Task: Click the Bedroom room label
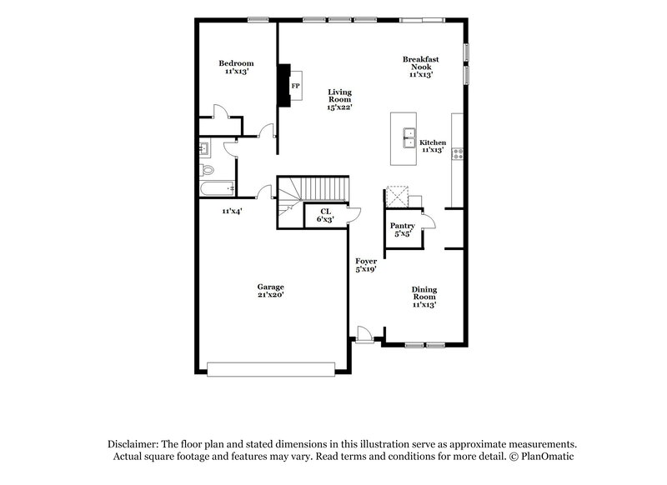tap(236, 63)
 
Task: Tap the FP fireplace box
tap(295, 86)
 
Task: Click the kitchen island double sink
tap(410, 137)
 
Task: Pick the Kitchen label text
tap(433, 142)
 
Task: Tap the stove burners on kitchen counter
tap(458, 153)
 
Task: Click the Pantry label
tap(404, 226)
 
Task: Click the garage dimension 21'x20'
tap(270, 295)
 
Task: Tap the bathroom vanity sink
tap(204, 149)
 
